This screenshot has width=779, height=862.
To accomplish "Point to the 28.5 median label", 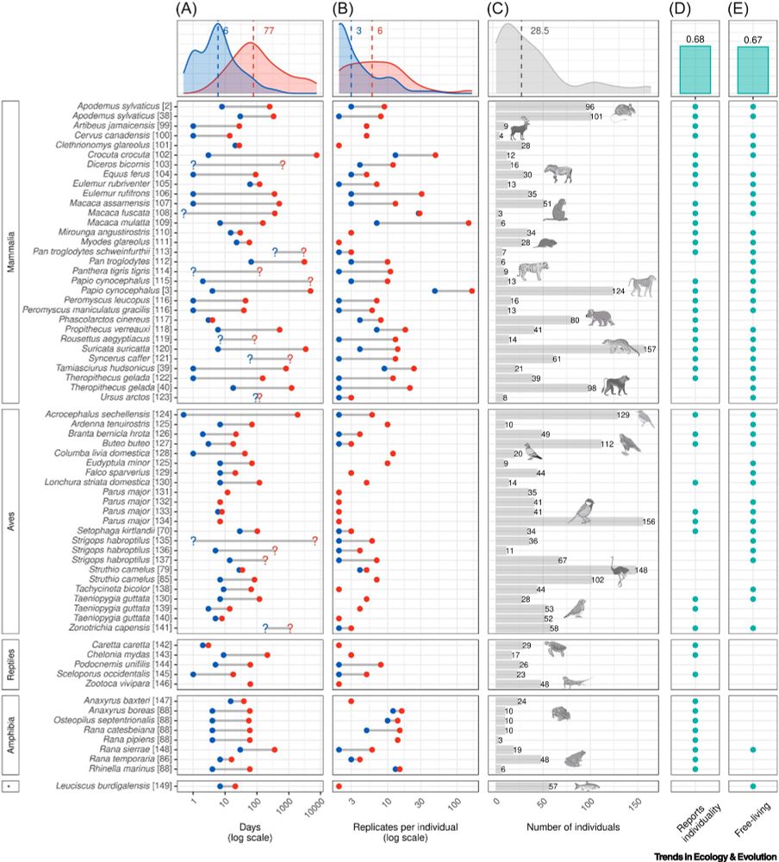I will [x=540, y=31].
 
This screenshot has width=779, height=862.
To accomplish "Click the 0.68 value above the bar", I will [x=694, y=39].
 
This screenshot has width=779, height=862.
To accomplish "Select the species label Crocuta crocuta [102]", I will [x=132, y=154].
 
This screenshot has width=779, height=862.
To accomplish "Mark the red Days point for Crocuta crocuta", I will [x=316, y=154].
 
